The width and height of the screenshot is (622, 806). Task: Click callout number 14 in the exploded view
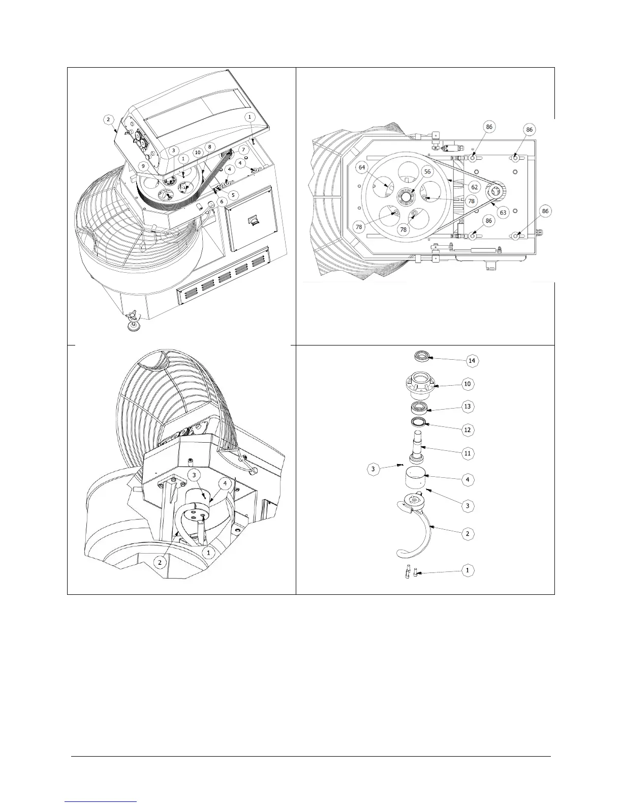(472, 360)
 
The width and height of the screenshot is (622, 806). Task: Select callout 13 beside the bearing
(468, 406)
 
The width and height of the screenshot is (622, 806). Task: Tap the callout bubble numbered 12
(468, 429)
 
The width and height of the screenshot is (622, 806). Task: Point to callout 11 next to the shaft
(468, 453)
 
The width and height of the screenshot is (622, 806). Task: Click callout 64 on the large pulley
(362, 167)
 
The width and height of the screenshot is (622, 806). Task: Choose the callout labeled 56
(427, 172)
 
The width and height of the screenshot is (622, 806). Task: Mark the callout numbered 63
(503, 212)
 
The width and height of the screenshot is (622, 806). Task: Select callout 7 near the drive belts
(243, 150)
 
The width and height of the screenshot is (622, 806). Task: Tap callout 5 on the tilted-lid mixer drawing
(233, 194)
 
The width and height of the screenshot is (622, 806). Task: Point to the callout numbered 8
(209, 147)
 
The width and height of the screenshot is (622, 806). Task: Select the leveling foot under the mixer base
(133, 324)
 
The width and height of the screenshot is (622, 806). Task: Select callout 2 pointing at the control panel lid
(108, 120)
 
